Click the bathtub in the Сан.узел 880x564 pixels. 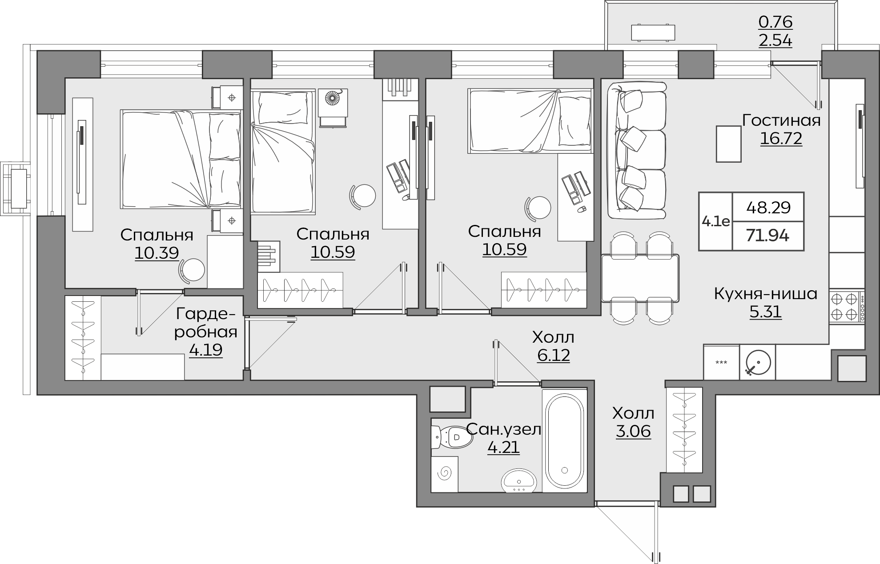click(565, 440)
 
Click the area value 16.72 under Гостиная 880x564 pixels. click(781, 139)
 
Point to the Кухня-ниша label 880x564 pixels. click(766, 294)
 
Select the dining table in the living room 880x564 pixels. click(640, 278)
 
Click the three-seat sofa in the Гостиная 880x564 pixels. click(637, 150)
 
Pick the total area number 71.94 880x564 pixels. click(768, 236)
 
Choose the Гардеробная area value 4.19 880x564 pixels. click(205, 350)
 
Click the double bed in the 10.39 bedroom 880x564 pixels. click(181, 160)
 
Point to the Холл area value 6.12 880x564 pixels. click(553, 356)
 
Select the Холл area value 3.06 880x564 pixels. click(633, 431)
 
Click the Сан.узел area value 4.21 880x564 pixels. click(503, 447)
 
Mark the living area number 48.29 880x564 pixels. click(768, 207)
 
